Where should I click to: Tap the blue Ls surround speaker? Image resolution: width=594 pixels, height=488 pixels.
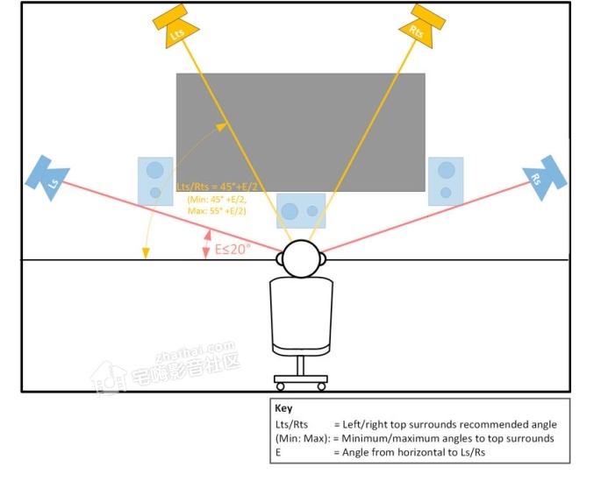click(x=49, y=177)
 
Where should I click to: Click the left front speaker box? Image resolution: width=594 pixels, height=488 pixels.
click(x=155, y=180)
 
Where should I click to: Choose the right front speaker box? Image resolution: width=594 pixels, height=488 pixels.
click(x=446, y=180)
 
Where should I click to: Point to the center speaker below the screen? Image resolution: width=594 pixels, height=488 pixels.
click(x=301, y=210)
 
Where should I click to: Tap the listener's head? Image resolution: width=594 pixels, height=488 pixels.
click(x=302, y=258)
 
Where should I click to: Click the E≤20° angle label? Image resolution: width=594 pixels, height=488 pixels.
click(x=233, y=249)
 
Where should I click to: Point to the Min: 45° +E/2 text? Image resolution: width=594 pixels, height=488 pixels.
click(x=217, y=201)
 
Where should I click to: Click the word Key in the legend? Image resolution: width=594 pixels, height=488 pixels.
click(x=283, y=408)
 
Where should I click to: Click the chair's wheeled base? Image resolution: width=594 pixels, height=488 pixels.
click(x=301, y=382)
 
